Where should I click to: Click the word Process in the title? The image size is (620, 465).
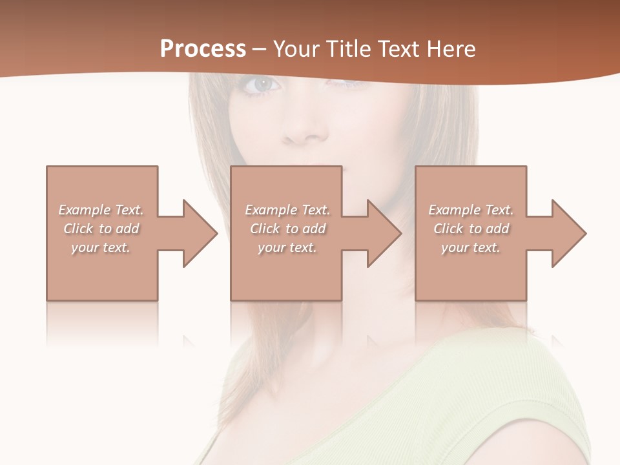click(203, 49)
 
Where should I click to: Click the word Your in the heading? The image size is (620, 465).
click(296, 49)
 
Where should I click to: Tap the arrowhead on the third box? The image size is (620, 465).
click(568, 233)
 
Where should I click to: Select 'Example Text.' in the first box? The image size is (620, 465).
click(101, 210)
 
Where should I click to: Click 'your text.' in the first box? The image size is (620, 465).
click(101, 247)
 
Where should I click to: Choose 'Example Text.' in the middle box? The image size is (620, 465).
click(287, 210)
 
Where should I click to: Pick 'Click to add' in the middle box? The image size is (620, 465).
click(287, 229)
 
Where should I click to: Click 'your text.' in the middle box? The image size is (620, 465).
click(287, 247)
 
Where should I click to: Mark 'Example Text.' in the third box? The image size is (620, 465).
click(471, 210)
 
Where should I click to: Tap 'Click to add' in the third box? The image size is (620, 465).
click(471, 229)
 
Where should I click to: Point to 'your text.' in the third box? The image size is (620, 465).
click(471, 247)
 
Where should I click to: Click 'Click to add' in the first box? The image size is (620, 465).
click(101, 229)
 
